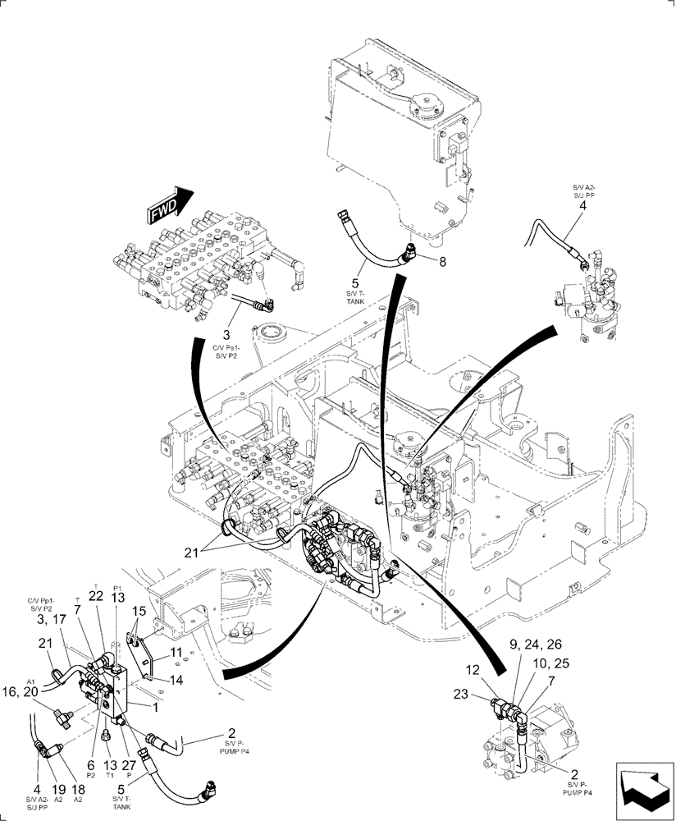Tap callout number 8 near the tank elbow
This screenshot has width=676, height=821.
click(442, 263)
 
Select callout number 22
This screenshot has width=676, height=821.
click(95, 596)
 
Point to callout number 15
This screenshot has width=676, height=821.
click(139, 612)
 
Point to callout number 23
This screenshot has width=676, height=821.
click(461, 694)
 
